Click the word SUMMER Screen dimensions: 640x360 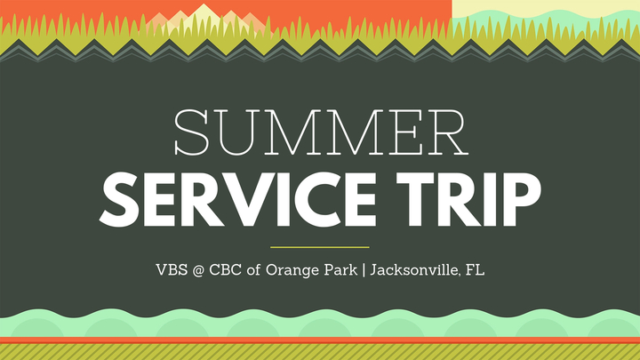tap(321, 132)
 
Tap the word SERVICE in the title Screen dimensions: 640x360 tap(237, 200)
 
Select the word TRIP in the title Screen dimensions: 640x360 tap(469, 200)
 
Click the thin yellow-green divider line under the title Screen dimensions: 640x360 tap(320, 247)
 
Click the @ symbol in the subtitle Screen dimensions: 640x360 tap(198, 270)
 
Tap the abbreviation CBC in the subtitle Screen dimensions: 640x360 tap(225, 270)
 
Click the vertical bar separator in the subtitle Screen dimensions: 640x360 tap(364, 270)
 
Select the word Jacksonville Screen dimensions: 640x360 tap(416, 270)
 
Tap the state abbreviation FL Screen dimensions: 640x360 tap(476, 270)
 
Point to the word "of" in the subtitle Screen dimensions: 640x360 tap(253, 270)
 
